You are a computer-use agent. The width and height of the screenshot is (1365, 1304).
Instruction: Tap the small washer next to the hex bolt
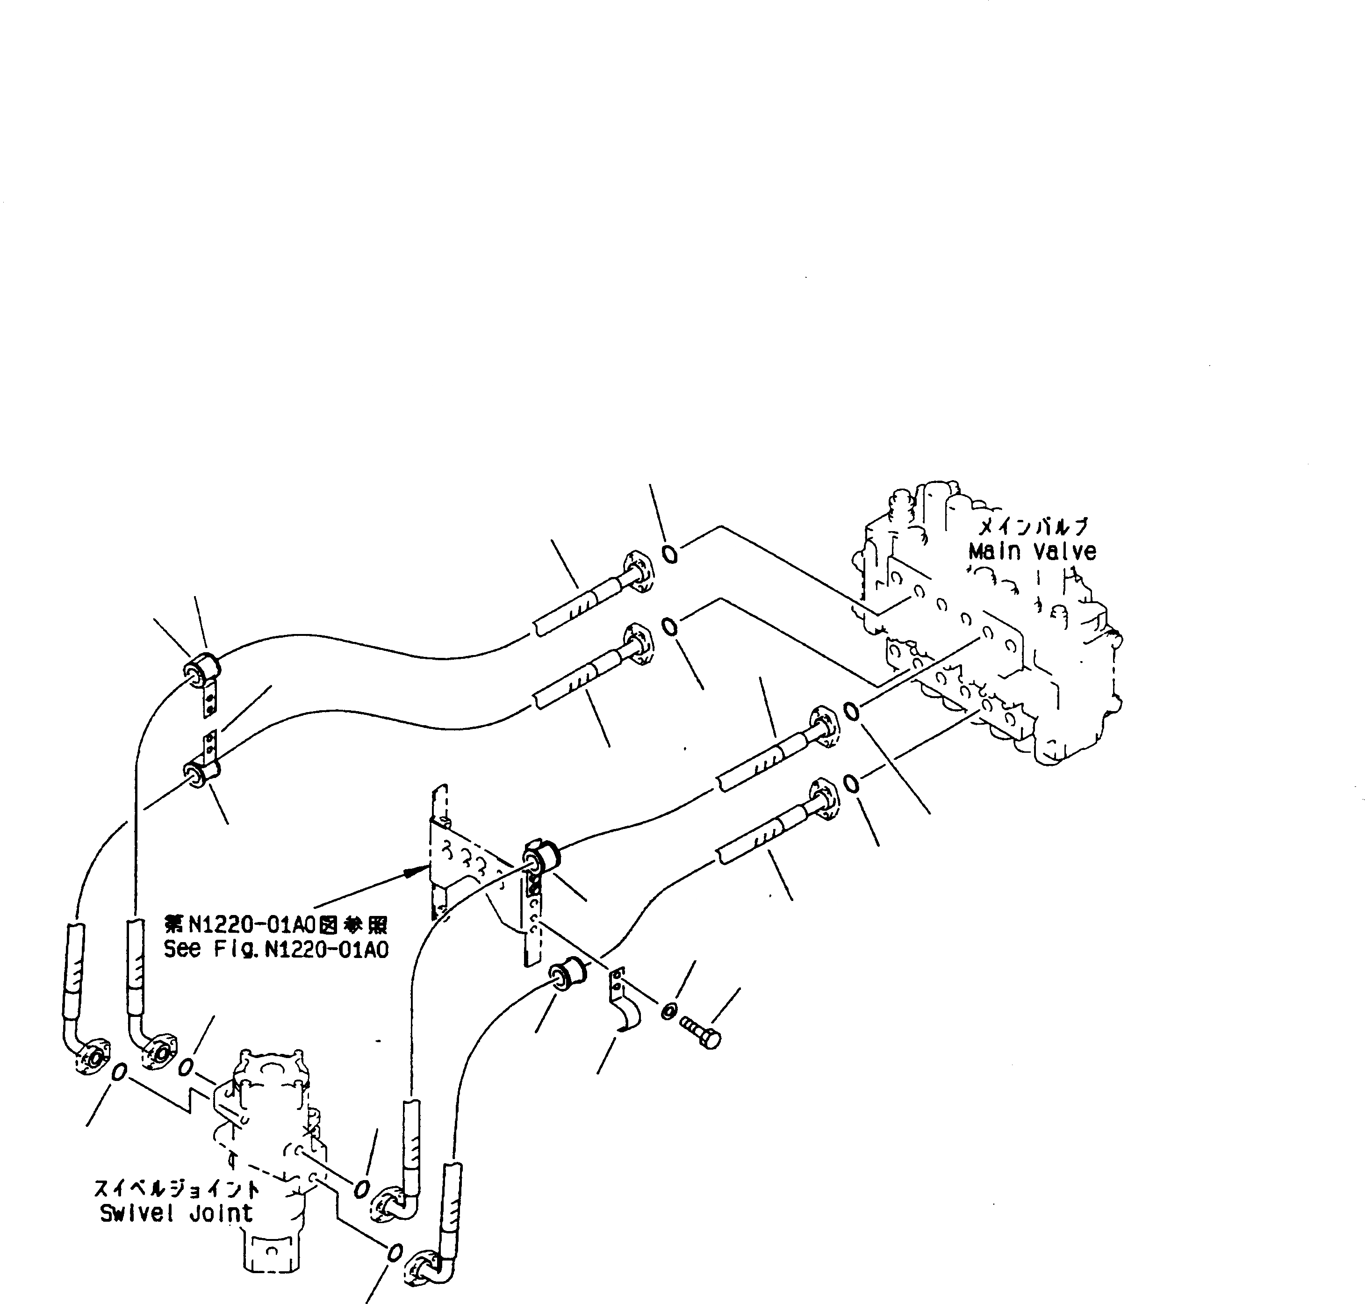[x=667, y=1011]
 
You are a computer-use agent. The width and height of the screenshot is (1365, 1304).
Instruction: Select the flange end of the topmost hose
[x=638, y=571]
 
